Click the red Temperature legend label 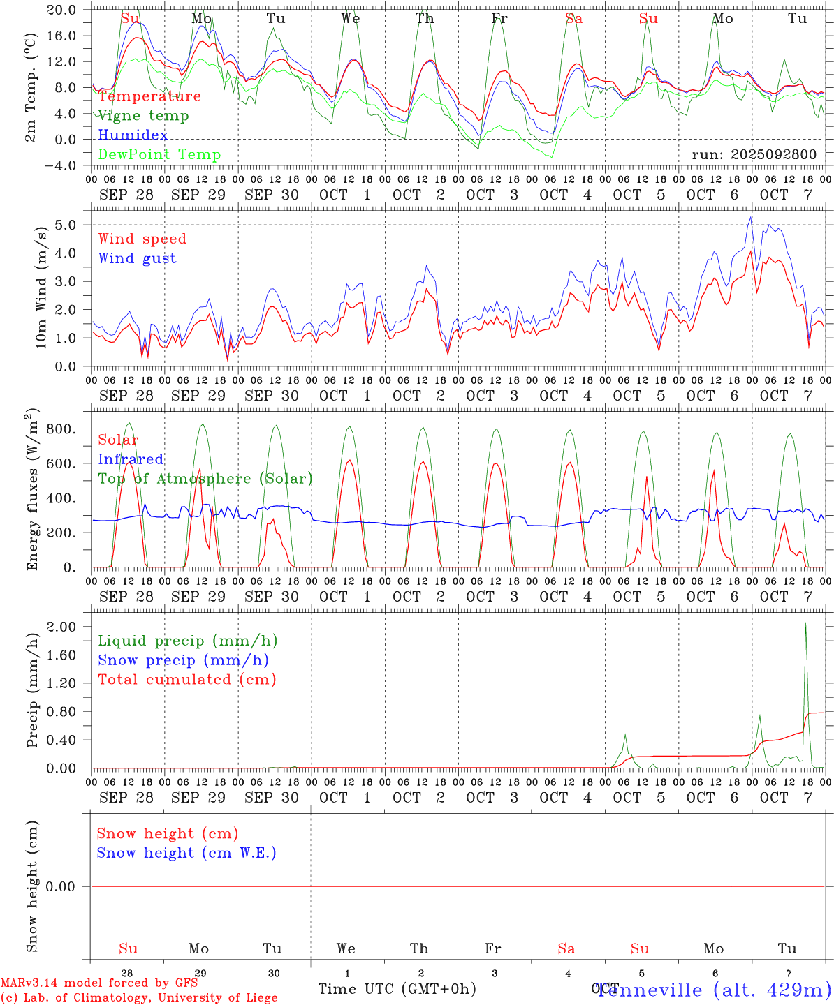click(149, 96)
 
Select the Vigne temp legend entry click(143, 116)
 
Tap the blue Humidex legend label click(133, 135)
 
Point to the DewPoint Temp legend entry click(159, 154)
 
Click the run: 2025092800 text click(754, 154)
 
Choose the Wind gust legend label click(137, 258)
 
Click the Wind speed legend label click(142, 239)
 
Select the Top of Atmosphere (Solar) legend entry click(205, 479)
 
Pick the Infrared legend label click(131, 459)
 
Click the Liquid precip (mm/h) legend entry click(187, 641)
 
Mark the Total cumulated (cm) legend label click(186, 680)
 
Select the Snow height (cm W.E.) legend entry click(186, 853)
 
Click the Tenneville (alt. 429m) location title click(712, 990)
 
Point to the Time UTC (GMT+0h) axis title click(397, 989)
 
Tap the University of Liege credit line click(140, 998)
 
